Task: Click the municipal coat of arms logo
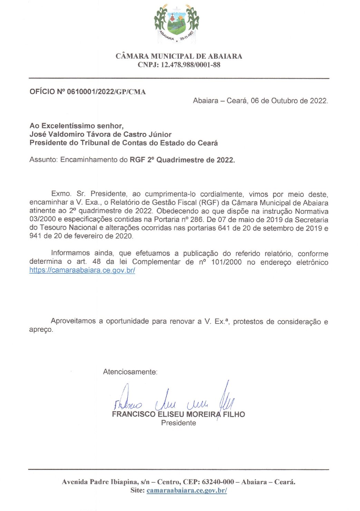tap(176, 23)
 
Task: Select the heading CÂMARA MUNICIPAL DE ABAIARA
tap(179, 56)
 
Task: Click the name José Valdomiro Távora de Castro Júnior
tap(100, 134)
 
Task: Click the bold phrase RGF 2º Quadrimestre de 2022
tap(182, 160)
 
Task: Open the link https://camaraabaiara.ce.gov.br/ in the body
tap(82, 270)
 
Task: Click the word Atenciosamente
tap(130, 372)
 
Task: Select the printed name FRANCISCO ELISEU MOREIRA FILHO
tap(178, 414)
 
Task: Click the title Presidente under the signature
tap(178, 423)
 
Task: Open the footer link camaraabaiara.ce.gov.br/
tap(186, 491)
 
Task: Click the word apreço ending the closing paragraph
tap(41, 330)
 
